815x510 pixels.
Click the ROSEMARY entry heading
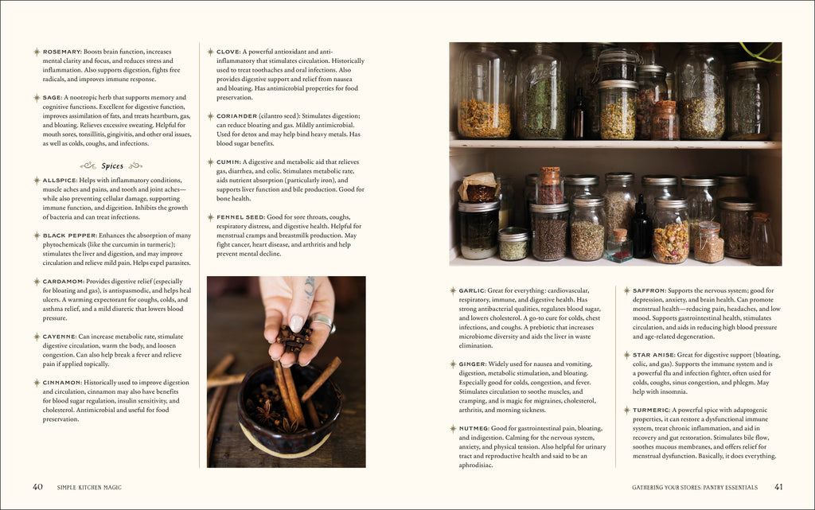(x=62, y=52)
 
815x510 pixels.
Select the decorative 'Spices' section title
(x=111, y=165)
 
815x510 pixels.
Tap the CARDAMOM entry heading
(x=64, y=282)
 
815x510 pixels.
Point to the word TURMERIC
(x=651, y=411)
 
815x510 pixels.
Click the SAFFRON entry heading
(x=649, y=291)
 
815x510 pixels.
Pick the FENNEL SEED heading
(x=240, y=217)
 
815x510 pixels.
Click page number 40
(x=37, y=487)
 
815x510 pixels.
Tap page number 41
(x=778, y=487)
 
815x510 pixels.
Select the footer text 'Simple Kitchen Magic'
(x=89, y=487)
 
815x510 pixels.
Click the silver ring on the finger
(x=324, y=322)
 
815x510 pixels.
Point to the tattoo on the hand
(x=310, y=286)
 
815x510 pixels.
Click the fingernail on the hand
(x=296, y=324)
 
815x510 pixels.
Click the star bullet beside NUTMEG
(x=453, y=429)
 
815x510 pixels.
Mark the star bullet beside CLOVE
(x=210, y=52)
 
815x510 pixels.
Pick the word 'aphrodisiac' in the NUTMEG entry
(x=476, y=465)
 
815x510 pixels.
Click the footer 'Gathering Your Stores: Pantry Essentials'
(x=695, y=487)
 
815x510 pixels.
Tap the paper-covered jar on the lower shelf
(x=478, y=188)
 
